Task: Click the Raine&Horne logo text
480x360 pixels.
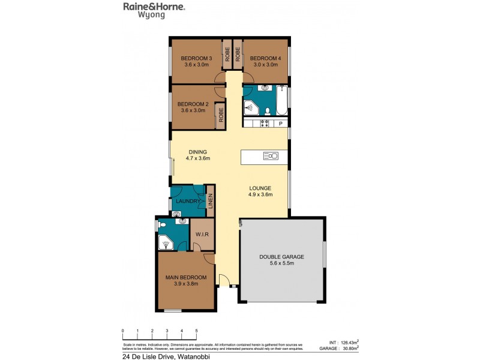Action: tap(154, 7)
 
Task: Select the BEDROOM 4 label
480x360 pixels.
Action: tap(264, 58)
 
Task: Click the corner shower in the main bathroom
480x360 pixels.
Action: tap(251, 108)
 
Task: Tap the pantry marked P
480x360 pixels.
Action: tap(280, 124)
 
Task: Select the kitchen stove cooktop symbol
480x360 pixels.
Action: tap(263, 124)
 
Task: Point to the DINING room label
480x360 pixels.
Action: tap(197, 152)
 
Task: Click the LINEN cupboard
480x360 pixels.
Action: tap(210, 201)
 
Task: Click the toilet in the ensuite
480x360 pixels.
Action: tap(161, 226)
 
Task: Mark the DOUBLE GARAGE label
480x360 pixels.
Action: tap(281, 257)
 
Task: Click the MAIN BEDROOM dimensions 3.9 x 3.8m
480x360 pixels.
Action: tap(186, 283)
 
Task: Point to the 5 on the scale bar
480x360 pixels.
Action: tap(196, 331)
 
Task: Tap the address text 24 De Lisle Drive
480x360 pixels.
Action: tap(151, 354)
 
